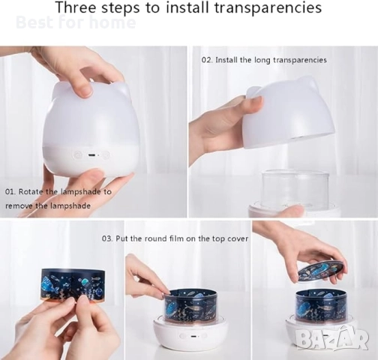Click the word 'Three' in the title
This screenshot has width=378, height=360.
point(76,7)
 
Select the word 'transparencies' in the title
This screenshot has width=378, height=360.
point(268,8)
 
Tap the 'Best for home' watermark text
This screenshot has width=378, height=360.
point(76,22)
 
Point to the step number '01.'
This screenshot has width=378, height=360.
point(10,192)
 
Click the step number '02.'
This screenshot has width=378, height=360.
point(207,60)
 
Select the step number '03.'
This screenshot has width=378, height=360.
point(107,238)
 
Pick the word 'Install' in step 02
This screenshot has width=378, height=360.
point(226,60)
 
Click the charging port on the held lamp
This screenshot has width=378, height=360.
point(91,155)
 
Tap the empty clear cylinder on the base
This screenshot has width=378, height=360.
point(295,188)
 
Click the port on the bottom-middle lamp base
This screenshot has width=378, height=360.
point(193,336)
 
